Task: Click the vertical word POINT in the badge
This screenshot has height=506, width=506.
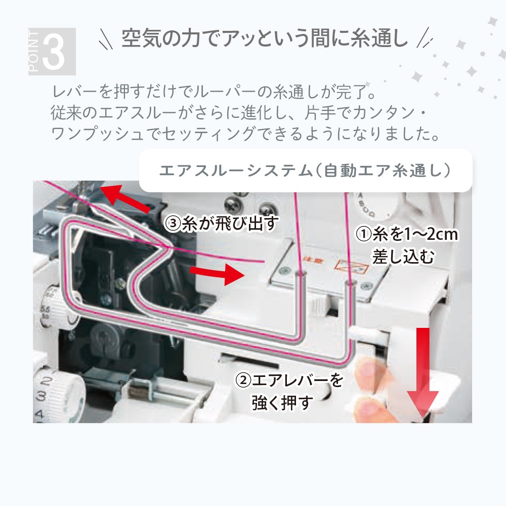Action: tap(33, 52)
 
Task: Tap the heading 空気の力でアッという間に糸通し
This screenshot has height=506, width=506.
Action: tap(265, 38)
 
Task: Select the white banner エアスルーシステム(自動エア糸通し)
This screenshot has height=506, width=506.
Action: tap(306, 171)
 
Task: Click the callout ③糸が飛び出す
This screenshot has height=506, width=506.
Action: tap(221, 223)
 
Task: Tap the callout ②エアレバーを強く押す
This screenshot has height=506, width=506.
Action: tap(289, 392)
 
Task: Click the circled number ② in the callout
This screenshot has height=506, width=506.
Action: tap(243, 381)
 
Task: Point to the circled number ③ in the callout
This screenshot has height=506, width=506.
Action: tap(172, 223)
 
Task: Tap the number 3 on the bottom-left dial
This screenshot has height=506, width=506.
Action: tap(41, 396)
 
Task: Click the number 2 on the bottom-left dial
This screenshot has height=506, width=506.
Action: tap(46, 381)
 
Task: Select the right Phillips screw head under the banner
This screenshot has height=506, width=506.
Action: tap(266, 209)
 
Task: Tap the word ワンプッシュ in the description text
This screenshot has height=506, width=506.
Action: tap(97, 134)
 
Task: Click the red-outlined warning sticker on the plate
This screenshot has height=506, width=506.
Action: tap(352, 266)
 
